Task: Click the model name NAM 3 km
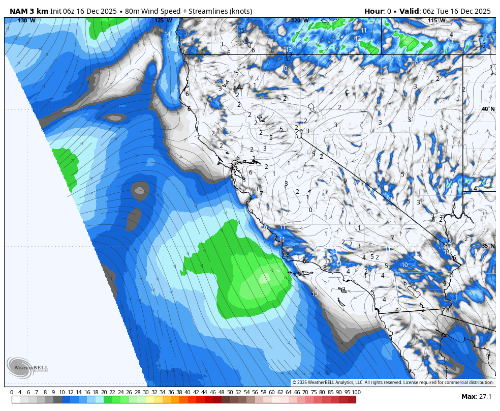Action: click(x=28, y=11)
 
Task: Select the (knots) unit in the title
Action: click(x=238, y=11)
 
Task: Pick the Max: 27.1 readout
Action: click(x=476, y=396)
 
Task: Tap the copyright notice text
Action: click(x=392, y=383)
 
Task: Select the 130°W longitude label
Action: click(x=26, y=20)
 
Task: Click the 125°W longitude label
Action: click(x=163, y=20)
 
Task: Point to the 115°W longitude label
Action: click(x=436, y=20)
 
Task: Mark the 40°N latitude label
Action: click(x=488, y=109)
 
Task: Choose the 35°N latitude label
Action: click(x=488, y=246)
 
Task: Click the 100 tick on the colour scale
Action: click(x=356, y=392)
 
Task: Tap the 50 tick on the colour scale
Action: click(x=230, y=392)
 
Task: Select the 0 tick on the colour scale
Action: click(x=12, y=392)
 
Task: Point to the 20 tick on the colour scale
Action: click(x=104, y=392)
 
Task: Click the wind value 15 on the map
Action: click(x=242, y=30)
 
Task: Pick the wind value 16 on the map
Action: click(x=482, y=46)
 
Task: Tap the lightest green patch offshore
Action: click(x=265, y=278)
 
